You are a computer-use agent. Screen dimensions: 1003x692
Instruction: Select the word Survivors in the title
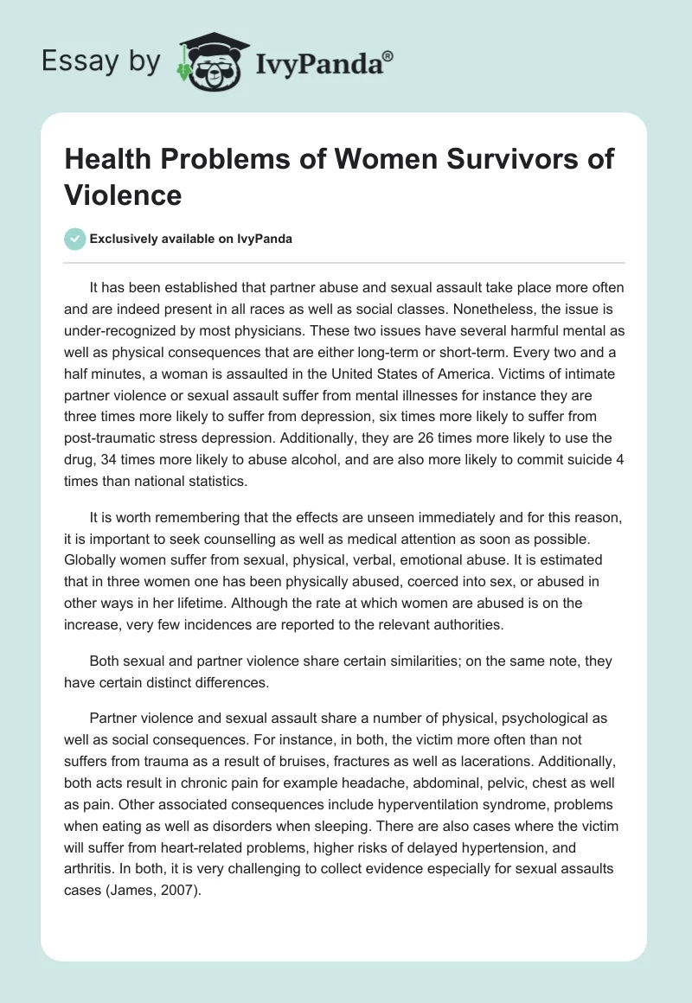pyautogui.click(x=473, y=160)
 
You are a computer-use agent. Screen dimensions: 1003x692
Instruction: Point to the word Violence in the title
pyautogui.click(x=123, y=195)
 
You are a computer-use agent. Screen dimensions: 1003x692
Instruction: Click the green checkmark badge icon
pyautogui.click(x=75, y=240)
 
